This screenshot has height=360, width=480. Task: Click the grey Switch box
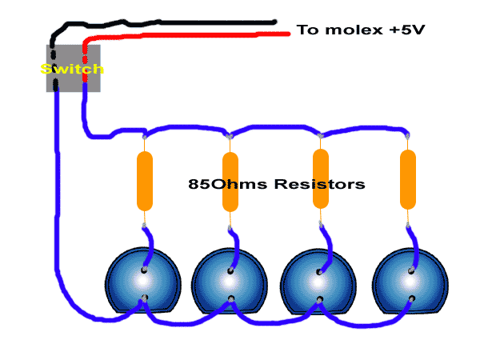pyautogui.click(x=73, y=69)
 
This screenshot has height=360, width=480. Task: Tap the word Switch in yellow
pyautogui.click(x=72, y=70)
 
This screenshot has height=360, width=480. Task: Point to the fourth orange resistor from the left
pyautogui.click(x=408, y=179)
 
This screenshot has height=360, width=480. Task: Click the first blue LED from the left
pyautogui.click(x=144, y=285)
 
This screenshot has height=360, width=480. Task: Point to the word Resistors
pyautogui.click(x=320, y=184)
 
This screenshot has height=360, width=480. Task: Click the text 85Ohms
pyautogui.click(x=227, y=184)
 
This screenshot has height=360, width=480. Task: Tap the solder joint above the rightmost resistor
pyautogui.click(x=408, y=134)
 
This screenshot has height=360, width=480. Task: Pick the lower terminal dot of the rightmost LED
pyautogui.click(x=411, y=300)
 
